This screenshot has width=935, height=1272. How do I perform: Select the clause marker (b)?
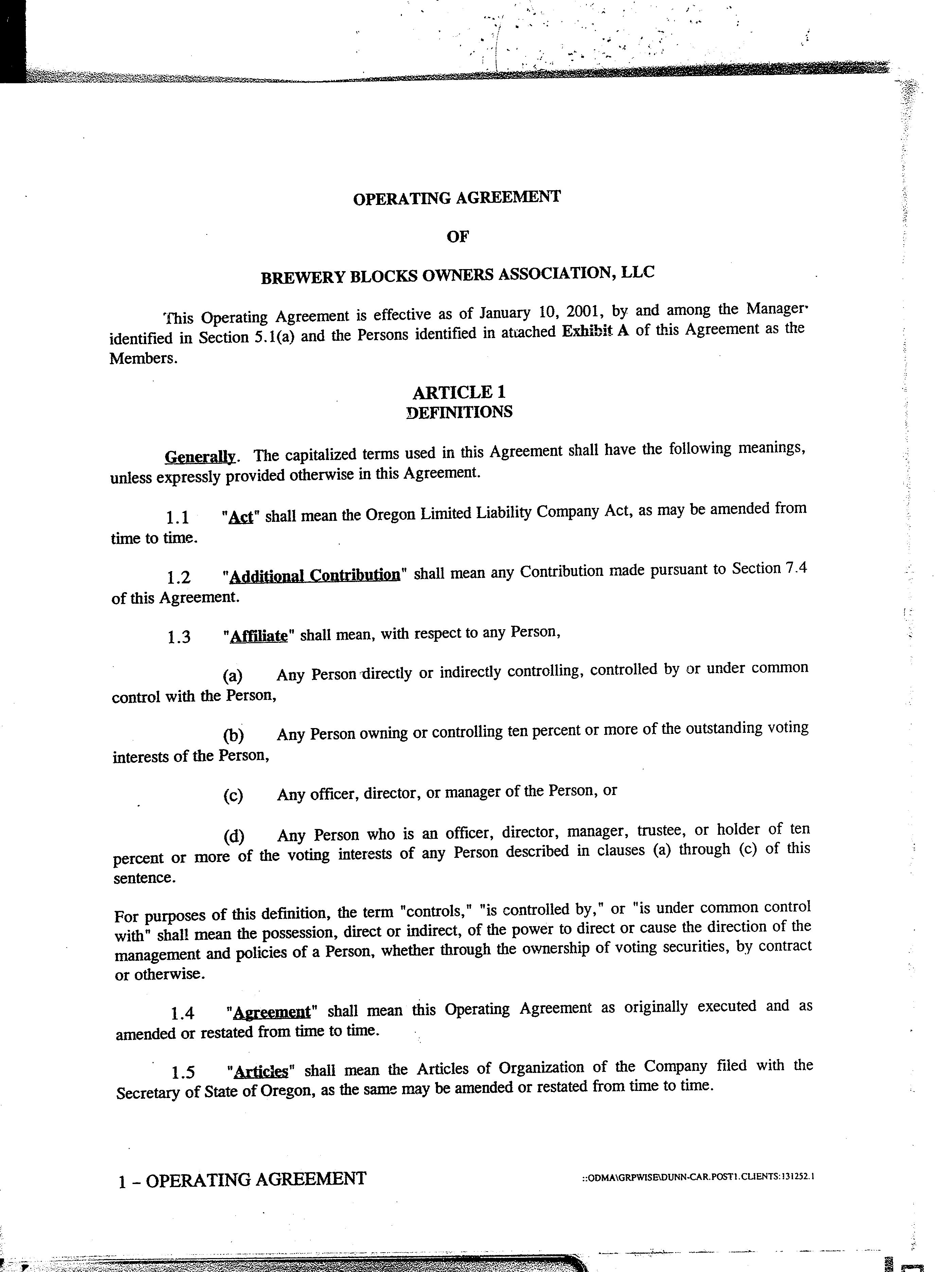[233, 735]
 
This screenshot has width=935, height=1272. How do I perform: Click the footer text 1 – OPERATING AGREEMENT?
[242, 1179]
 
